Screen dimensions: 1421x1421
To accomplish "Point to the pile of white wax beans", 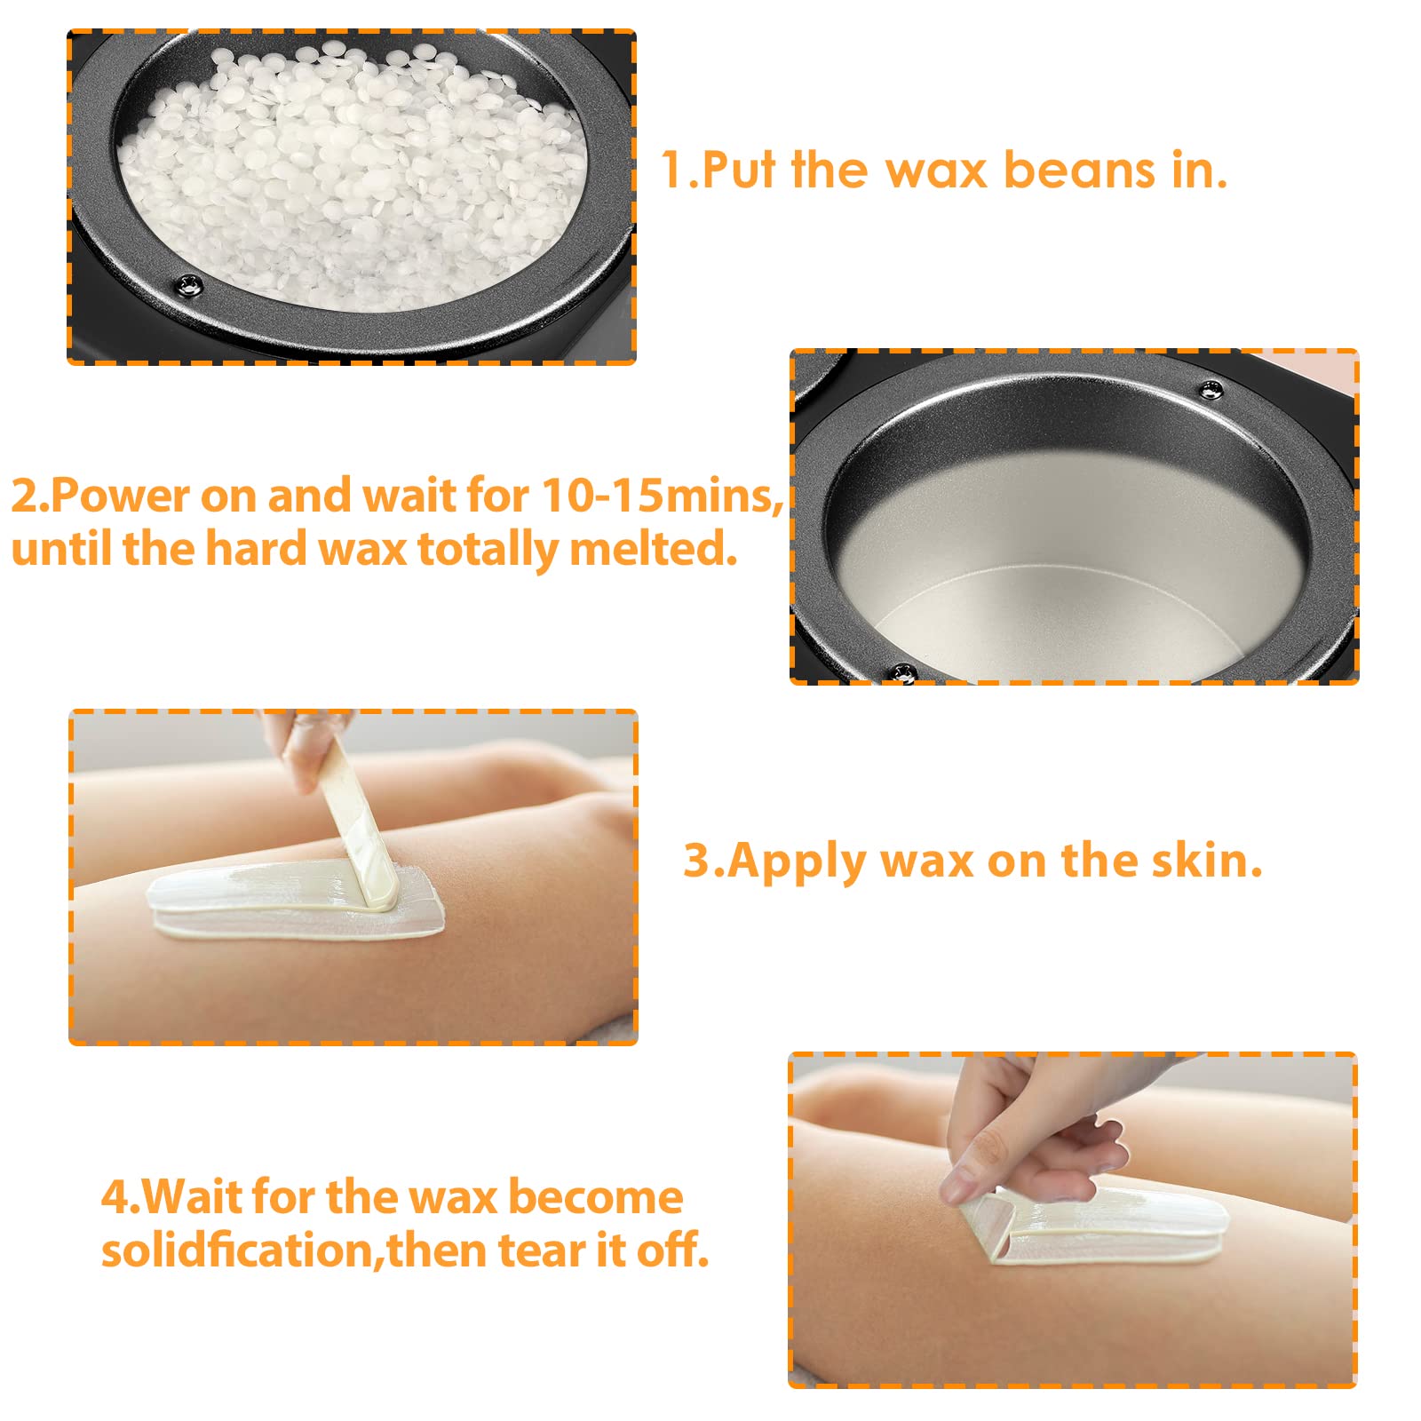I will point(355,169).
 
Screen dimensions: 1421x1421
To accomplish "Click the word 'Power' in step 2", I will point(120,495).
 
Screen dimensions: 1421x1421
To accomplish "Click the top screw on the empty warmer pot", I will point(1211,389).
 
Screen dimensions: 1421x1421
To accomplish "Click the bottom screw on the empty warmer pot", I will point(904,672).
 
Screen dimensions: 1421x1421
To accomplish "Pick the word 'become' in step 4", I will point(595,1197).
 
